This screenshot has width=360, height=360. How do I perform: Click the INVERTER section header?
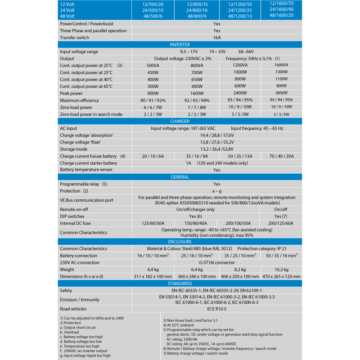[180, 45]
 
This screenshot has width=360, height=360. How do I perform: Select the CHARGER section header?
[180, 121]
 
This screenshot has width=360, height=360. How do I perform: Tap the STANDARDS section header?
[180, 283]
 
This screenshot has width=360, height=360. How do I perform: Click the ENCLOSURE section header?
[180, 241]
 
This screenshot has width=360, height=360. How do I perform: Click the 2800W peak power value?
[281, 93]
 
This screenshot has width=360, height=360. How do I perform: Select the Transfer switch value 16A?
[217, 38]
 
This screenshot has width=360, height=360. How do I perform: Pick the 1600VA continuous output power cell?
[281, 65]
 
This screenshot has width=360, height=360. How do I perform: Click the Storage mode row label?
[74, 149]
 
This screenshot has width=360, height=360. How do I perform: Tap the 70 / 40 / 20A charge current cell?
[281, 156]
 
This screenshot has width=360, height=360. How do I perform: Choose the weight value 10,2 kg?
[281, 269]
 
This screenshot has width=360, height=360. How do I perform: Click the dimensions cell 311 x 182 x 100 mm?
[153, 276]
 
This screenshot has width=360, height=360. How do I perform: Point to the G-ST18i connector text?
[216, 262]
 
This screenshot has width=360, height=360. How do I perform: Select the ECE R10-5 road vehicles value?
[216, 309]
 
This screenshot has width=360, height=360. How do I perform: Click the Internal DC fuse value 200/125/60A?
[281, 223]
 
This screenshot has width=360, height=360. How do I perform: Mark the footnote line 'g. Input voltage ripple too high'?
[85, 355]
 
